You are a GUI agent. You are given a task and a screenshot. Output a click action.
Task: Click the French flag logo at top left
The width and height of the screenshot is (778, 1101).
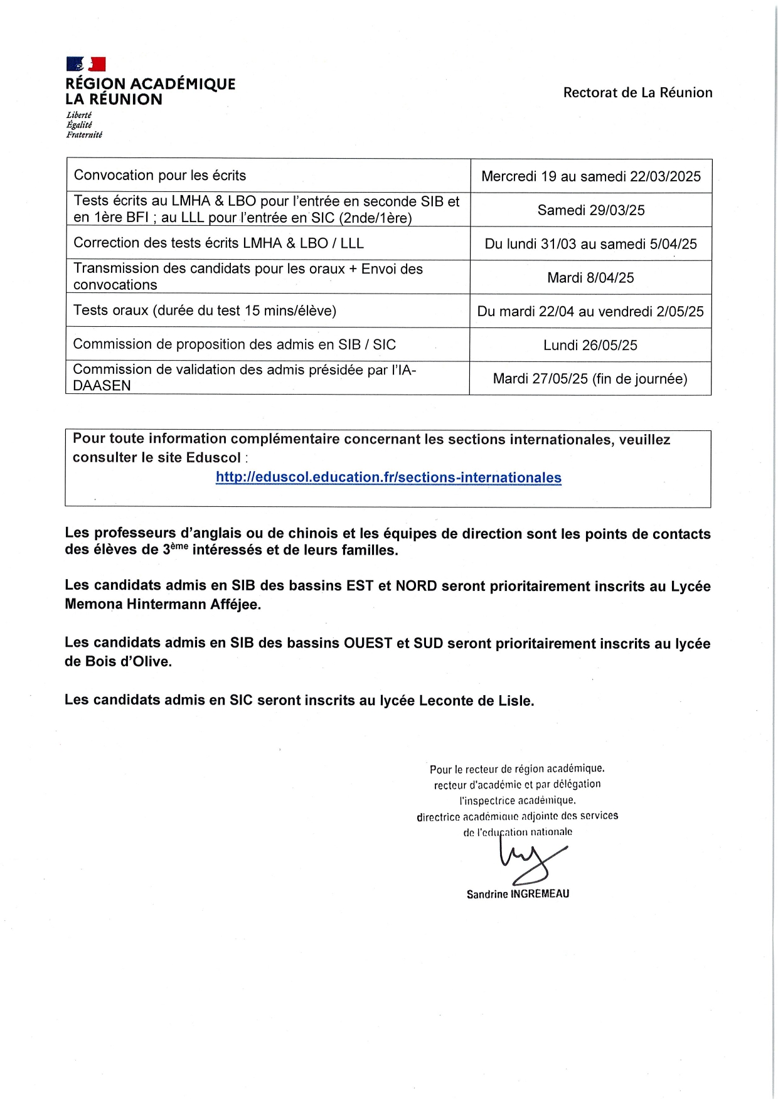click(x=86, y=64)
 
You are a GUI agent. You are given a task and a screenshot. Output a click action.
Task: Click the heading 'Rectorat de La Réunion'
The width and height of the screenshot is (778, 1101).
click(x=637, y=93)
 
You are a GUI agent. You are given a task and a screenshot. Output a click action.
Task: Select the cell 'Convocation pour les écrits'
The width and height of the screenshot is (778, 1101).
click(x=160, y=176)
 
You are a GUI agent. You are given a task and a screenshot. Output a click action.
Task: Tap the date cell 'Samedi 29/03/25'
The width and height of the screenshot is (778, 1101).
click(x=591, y=210)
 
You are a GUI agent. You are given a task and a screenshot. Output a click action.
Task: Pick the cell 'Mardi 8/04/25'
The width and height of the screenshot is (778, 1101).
click(x=590, y=278)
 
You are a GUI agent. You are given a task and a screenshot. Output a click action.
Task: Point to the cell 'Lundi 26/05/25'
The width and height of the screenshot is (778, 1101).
click(x=590, y=345)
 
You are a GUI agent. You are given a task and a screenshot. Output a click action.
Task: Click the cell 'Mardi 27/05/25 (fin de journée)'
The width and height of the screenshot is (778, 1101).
click(x=590, y=379)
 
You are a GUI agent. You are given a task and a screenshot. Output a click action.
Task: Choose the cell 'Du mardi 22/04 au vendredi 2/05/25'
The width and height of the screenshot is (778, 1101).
click(x=590, y=312)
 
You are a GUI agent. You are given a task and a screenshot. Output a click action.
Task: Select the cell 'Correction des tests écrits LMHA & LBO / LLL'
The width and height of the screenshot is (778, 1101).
click(x=218, y=243)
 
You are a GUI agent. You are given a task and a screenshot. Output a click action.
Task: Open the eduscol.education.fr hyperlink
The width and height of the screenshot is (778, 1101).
click(x=388, y=477)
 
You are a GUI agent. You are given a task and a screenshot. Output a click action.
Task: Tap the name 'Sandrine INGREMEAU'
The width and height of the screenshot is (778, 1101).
click(x=518, y=894)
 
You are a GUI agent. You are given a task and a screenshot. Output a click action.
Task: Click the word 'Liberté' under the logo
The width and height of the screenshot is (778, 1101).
click(x=79, y=115)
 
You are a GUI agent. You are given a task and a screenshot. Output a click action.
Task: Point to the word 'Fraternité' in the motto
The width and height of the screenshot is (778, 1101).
click(x=84, y=135)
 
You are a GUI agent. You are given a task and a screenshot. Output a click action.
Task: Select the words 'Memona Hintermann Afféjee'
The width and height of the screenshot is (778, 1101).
click(x=163, y=605)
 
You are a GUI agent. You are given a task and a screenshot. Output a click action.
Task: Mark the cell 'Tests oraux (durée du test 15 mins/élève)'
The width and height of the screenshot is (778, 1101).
click(x=205, y=311)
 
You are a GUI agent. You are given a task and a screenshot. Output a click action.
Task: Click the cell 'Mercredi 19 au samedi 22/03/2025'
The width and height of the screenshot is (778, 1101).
click(x=591, y=176)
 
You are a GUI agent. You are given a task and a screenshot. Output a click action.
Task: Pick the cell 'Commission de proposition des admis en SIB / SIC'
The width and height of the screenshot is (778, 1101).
click(x=235, y=344)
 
